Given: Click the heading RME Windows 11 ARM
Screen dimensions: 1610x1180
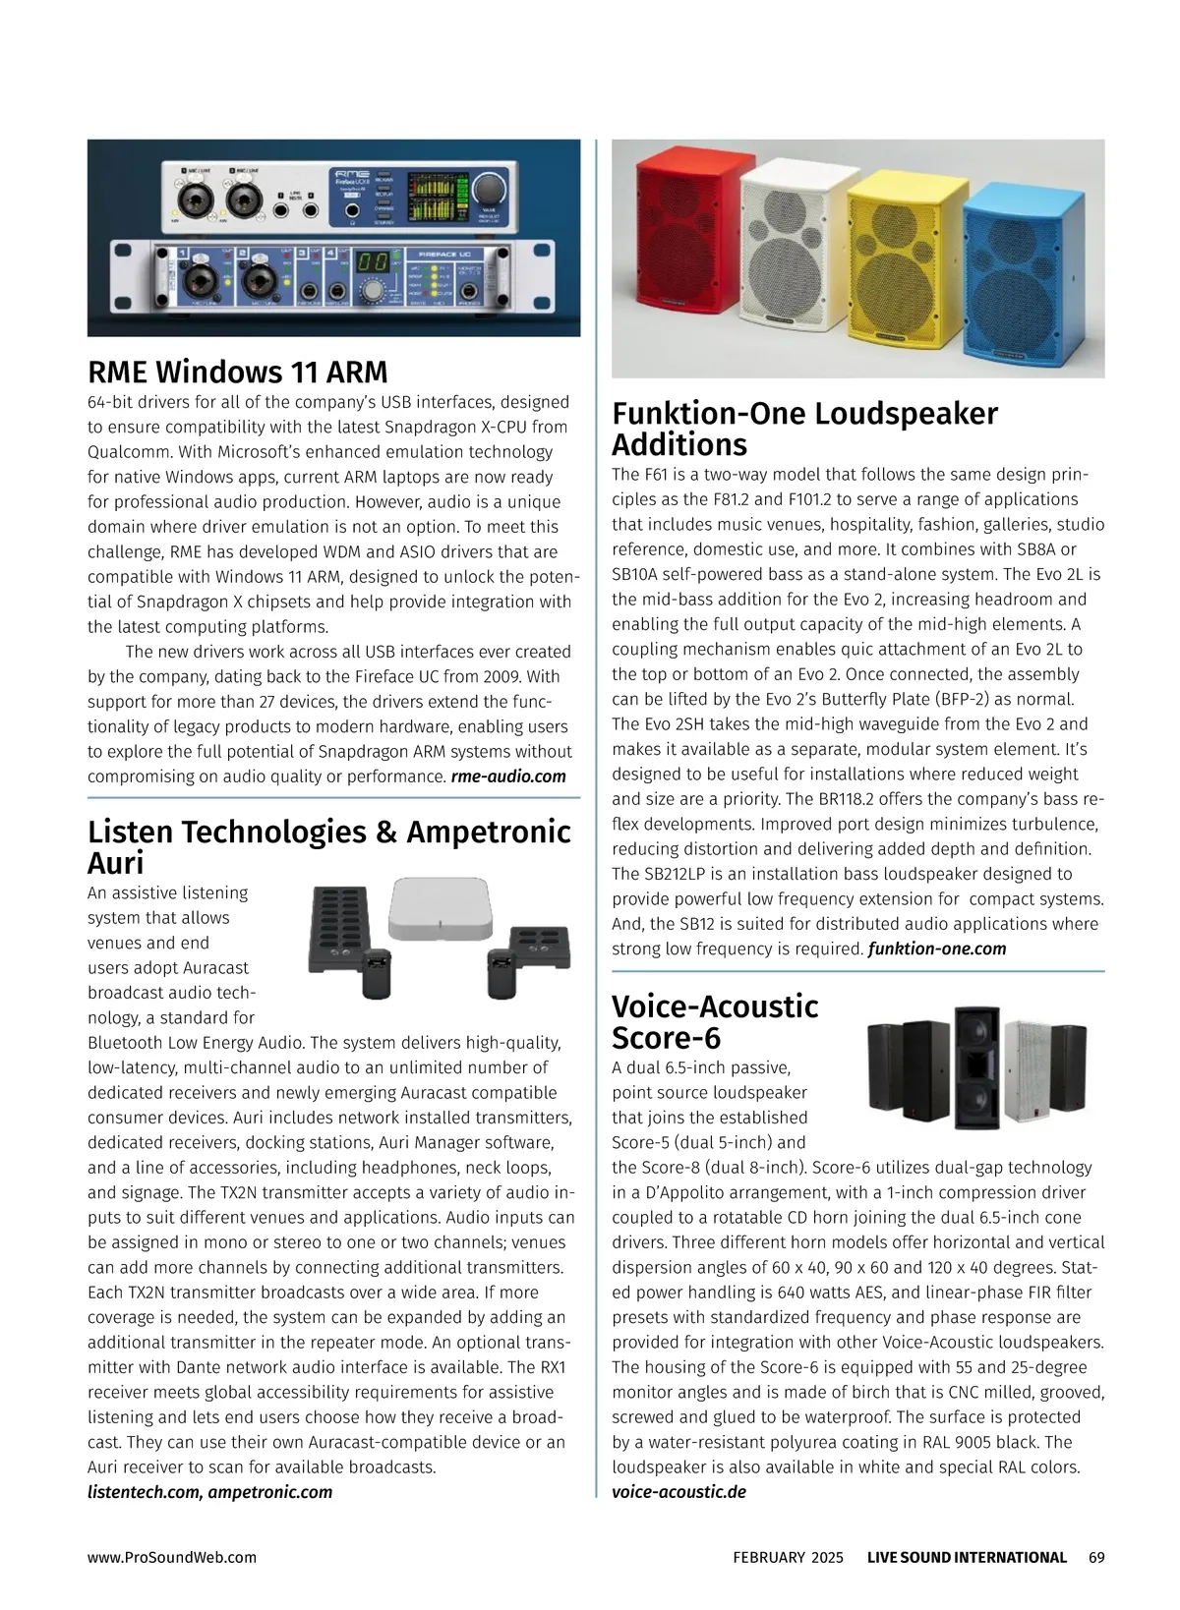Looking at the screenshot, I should coord(238,373).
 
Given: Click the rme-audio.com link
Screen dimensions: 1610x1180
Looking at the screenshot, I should coord(508,776).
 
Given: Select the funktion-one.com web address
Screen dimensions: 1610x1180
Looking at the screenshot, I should coord(937,949).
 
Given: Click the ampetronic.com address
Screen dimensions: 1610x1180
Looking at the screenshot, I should coord(270,1492).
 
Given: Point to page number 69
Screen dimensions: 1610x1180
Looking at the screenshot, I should coord(1096,1557).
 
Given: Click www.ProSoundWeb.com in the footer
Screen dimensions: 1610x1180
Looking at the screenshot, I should coord(172,1557).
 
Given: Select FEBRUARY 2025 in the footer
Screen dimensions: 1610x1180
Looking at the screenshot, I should coord(788,1557).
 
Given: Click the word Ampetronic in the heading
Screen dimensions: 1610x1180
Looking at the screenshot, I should coord(488,832).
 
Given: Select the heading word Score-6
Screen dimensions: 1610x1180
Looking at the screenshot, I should coord(666,1038).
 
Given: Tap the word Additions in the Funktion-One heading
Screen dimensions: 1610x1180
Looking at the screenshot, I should coord(679,444).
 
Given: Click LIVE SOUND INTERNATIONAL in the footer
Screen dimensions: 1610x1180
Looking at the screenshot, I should coord(967,1557).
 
